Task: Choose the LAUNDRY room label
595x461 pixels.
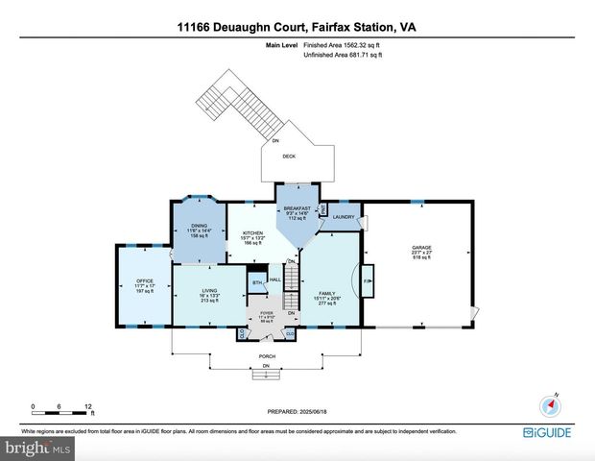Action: (345, 218)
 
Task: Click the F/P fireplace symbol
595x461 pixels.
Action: (367, 281)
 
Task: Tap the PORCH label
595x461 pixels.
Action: (267, 356)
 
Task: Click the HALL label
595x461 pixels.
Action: (274, 279)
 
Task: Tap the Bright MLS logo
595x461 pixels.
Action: (36, 448)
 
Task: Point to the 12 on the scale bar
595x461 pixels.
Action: (87, 404)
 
